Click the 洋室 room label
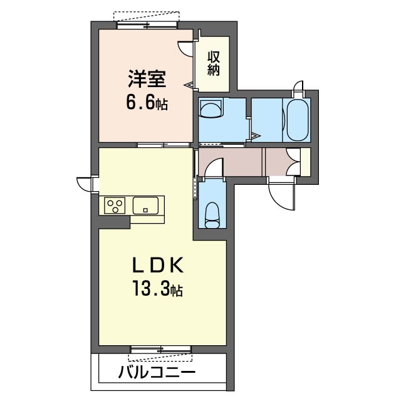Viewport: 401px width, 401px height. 147,79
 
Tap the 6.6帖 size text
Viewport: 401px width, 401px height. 147,103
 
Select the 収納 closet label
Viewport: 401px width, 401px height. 213,63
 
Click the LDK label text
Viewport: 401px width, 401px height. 158,265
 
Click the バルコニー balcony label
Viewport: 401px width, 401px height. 157,372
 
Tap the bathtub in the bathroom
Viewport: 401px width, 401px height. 296,120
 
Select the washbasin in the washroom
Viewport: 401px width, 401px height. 211,108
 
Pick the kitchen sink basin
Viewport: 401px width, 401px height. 145,206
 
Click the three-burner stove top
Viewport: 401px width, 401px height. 115,206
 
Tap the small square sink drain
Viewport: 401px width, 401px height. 145,211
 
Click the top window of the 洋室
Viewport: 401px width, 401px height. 147,25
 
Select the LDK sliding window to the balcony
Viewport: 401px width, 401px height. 161,349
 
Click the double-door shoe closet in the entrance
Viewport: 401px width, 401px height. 293,162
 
